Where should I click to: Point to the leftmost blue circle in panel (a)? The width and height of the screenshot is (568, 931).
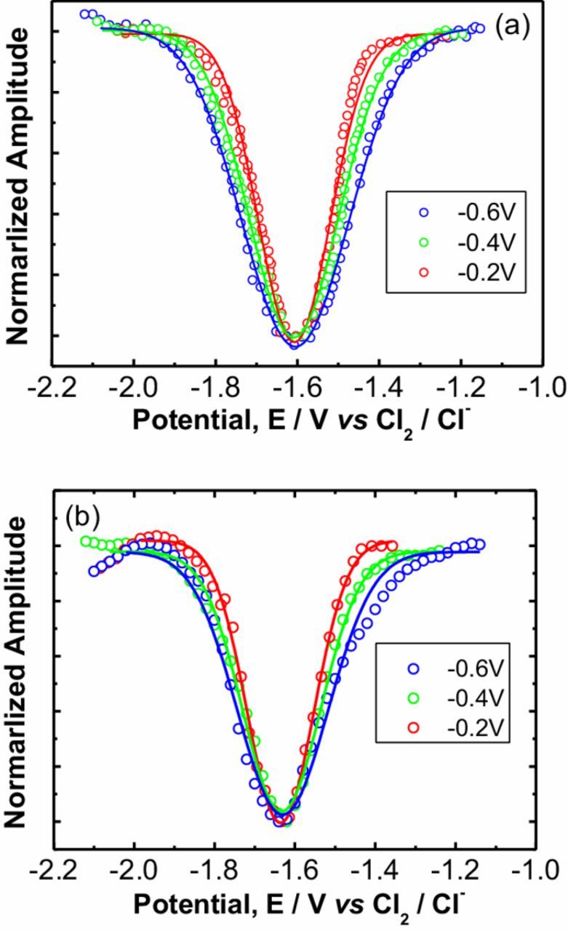coord(84,14)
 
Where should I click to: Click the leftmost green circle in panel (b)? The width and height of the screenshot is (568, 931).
coord(85,540)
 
